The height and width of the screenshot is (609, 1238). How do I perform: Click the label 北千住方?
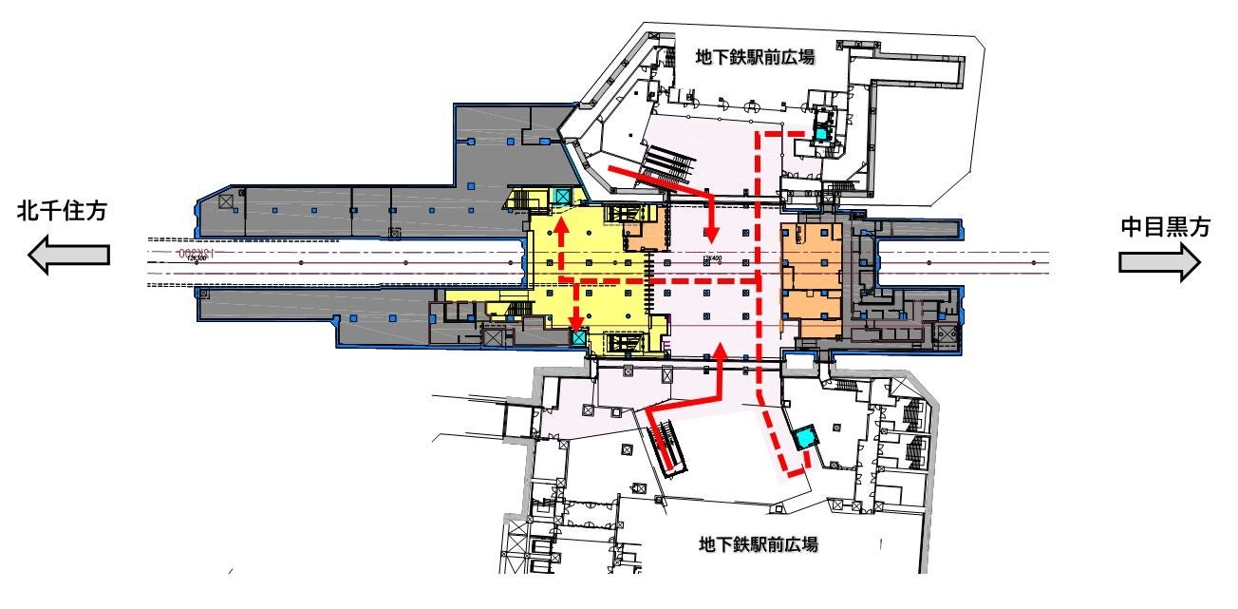point(62,215)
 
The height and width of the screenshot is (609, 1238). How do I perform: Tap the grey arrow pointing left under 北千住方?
point(68,255)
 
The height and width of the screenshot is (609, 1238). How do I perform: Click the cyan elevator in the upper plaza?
point(821,134)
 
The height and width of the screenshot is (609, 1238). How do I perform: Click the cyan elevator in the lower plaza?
point(806,437)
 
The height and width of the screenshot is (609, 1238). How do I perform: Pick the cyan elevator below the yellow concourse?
point(578,339)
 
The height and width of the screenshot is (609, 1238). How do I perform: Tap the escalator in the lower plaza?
point(669,447)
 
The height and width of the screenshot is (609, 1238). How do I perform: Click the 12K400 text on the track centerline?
point(712,257)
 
